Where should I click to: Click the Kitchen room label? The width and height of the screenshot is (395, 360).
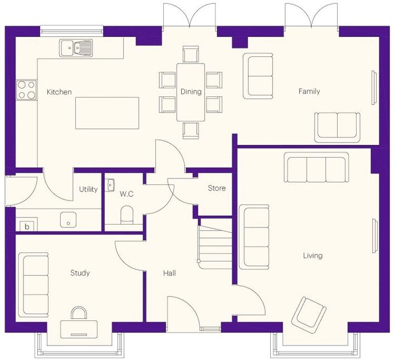pyautogui.click(x=59, y=92)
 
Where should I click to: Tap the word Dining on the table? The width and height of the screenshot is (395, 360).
pyautogui.click(x=191, y=91)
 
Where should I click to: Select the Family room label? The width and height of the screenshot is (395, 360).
pyautogui.click(x=309, y=91)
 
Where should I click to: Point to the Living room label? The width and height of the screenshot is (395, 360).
pyautogui.click(x=313, y=256)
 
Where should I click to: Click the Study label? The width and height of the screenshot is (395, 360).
pyautogui.click(x=80, y=273)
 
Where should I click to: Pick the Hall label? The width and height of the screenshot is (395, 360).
pyautogui.click(x=169, y=273)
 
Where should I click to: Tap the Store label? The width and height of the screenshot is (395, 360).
pyautogui.click(x=217, y=188)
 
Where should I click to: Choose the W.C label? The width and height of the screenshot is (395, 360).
pyautogui.click(x=126, y=194)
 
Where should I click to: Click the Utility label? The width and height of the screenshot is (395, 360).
pyautogui.click(x=88, y=189)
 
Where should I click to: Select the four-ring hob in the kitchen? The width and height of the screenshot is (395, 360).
pyautogui.click(x=26, y=90)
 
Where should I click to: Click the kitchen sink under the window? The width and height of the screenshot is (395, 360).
pyautogui.click(x=76, y=47)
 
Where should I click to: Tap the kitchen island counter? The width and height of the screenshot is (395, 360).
pyautogui.click(x=108, y=113)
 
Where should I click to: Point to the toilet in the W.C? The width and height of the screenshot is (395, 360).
pyautogui.click(x=126, y=215)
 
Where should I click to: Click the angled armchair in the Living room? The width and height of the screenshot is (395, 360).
pyautogui.click(x=309, y=313)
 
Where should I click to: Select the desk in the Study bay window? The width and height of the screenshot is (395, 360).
pyautogui.click(x=79, y=329)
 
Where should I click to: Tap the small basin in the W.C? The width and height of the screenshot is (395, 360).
pyautogui.click(x=110, y=185)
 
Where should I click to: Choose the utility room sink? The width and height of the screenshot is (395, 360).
pyautogui.click(x=69, y=220)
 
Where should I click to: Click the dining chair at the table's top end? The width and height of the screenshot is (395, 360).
pyautogui.click(x=191, y=54)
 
